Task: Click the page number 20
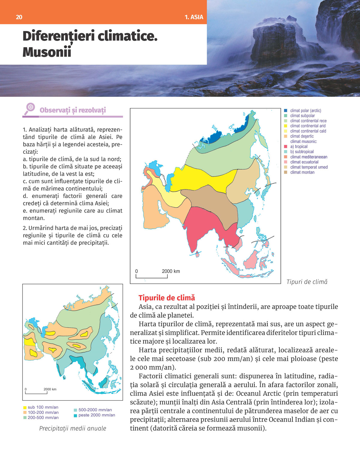pyautogui.click(x=19, y=17)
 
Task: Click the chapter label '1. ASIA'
pyautogui.click(x=194, y=17)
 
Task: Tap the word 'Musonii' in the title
pyautogui.click(x=47, y=52)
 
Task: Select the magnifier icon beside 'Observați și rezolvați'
pyautogui.click(x=30, y=108)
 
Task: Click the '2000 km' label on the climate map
pyautogui.click(x=171, y=271)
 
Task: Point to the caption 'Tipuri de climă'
pyautogui.click(x=307, y=282)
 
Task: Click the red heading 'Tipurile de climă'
pyautogui.click(x=166, y=298)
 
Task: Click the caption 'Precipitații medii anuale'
pyautogui.click(x=73, y=428)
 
